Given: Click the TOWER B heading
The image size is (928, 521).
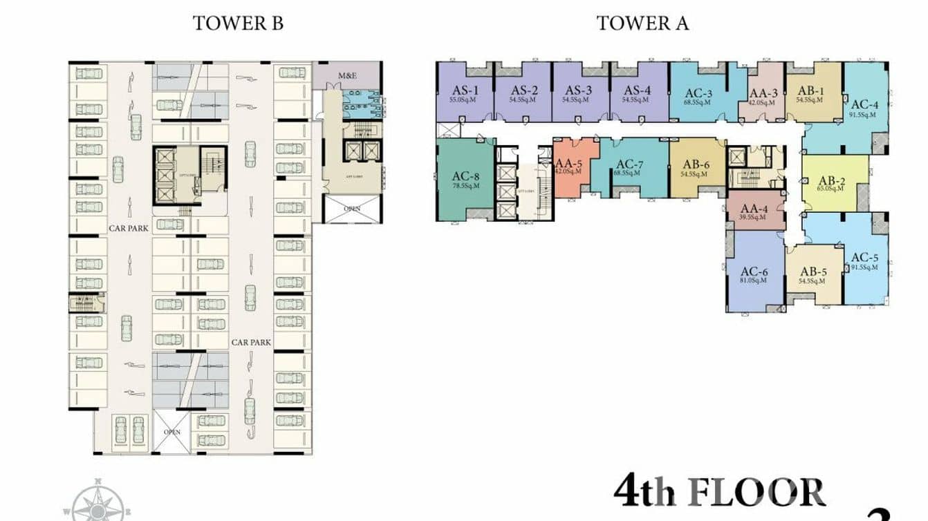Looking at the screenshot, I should pyautogui.click(x=238, y=23).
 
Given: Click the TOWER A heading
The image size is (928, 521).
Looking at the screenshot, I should pyautogui.click(x=642, y=23).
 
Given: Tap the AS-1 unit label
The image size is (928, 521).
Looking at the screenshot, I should pyautogui.click(x=465, y=90).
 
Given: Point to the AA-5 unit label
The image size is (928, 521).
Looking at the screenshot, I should pyautogui.click(x=568, y=163).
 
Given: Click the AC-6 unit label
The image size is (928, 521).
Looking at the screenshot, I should pyautogui.click(x=754, y=272).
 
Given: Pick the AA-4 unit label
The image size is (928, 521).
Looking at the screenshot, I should pyautogui.click(x=755, y=209).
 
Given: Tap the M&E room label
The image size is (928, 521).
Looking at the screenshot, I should pyautogui.click(x=346, y=75).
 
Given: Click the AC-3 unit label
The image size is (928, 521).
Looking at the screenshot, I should pyautogui.click(x=699, y=92).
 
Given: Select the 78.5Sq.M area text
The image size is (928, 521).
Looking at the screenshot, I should pyautogui.click(x=466, y=185).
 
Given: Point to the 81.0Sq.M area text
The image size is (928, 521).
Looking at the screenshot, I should pyautogui.click(x=754, y=281).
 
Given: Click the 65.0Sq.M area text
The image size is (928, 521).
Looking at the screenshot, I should pyautogui.click(x=835, y=187).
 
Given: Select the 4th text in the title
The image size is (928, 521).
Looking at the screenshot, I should pyautogui.click(x=644, y=493).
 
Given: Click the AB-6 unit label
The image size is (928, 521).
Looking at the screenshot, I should pyautogui.click(x=696, y=164).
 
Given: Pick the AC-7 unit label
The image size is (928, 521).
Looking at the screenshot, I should pyautogui.click(x=630, y=164).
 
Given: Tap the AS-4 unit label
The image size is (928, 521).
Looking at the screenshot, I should pyautogui.click(x=638, y=90).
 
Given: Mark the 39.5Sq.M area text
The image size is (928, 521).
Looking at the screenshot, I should pyautogui.click(x=755, y=218).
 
